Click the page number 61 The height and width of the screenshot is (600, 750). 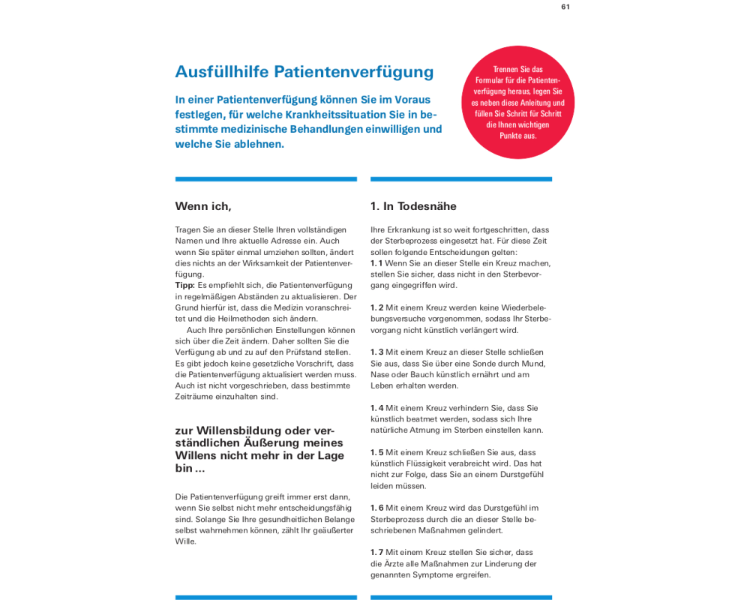click(x=565, y=7)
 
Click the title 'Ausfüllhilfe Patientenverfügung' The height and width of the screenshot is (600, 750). click(x=304, y=72)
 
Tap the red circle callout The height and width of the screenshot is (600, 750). click(x=517, y=102)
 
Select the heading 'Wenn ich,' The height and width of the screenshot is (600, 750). click(x=203, y=206)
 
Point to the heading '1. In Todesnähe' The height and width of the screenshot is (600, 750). click(x=413, y=206)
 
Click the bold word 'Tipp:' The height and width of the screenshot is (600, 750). click(x=184, y=285)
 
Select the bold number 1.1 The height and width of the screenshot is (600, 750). click(x=376, y=263)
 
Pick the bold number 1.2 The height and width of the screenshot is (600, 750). click(x=376, y=307)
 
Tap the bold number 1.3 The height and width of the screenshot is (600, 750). click(x=376, y=352)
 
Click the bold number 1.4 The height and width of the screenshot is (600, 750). click(x=376, y=408)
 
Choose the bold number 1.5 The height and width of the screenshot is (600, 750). click(x=376, y=452)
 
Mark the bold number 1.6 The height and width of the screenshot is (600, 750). click(x=376, y=508)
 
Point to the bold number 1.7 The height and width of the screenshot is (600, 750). click(x=376, y=552)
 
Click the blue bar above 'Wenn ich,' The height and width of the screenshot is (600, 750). click(x=265, y=179)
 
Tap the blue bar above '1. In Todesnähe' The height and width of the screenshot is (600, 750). click(x=460, y=179)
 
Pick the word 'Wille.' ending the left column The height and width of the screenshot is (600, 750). click(x=185, y=541)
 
